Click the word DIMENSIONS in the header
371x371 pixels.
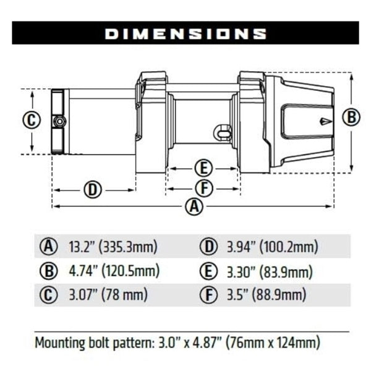pyautogui.click(x=185, y=33)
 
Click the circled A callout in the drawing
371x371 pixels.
pyautogui.click(x=195, y=207)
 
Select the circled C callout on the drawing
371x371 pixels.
pyautogui.click(x=31, y=120)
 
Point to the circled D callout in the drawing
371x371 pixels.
pyautogui.click(x=92, y=189)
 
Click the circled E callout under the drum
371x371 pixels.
pyautogui.click(x=203, y=168)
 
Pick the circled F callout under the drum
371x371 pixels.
pyautogui.click(x=203, y=187)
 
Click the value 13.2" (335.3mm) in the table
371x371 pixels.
pyautogui.click(x=113, y=247)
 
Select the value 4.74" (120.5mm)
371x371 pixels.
pyautogui.click(x=114, y=271)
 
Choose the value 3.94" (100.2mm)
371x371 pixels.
pyautogui.click(x=271, y=247)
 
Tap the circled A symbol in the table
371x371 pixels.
pyautogui.click(x=48, y=247)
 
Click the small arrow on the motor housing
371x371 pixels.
pyautogui.click(x=325, y=122)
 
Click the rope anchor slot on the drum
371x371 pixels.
pyautogui.click(x=221, y=132)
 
